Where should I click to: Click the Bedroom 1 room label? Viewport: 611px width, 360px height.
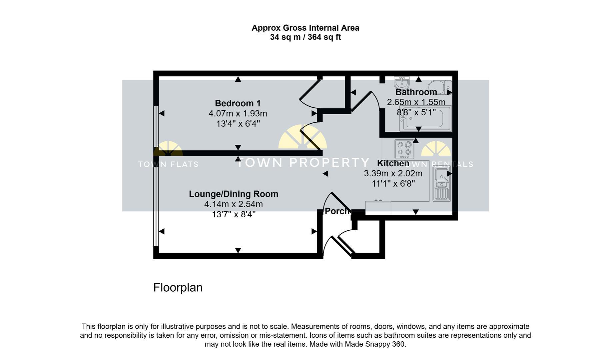click(238, 103)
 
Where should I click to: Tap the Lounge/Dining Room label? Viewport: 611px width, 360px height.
click(234, 194)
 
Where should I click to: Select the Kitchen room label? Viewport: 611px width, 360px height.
click(393, 163)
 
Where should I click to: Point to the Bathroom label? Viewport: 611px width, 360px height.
click(416, 92)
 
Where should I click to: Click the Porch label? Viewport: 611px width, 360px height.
click(337, 211)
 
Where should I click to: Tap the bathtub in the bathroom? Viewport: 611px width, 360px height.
click(426, 118)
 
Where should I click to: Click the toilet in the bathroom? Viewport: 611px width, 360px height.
click(440, 87)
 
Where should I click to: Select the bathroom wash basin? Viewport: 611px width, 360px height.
click(402, 82)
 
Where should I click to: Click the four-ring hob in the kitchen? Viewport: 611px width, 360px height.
click(404, 149)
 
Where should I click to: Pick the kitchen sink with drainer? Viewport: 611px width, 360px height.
click(442, 184)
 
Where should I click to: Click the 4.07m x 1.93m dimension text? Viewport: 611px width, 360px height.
click(238, 114)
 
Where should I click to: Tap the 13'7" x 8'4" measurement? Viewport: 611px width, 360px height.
click(234, 214)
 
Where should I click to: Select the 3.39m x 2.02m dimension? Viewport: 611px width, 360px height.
click(393, 173)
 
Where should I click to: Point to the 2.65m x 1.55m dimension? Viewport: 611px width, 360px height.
click(416, 102)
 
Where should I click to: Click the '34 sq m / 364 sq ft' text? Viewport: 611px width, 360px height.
click(305, 37)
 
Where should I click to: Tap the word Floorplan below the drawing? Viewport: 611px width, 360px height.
click(178, 287)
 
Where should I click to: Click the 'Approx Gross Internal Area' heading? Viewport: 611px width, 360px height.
click(305, 28)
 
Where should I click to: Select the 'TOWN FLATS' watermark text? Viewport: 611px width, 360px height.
click(168, 164)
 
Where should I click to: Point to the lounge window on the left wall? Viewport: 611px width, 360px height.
click(156, 207)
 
